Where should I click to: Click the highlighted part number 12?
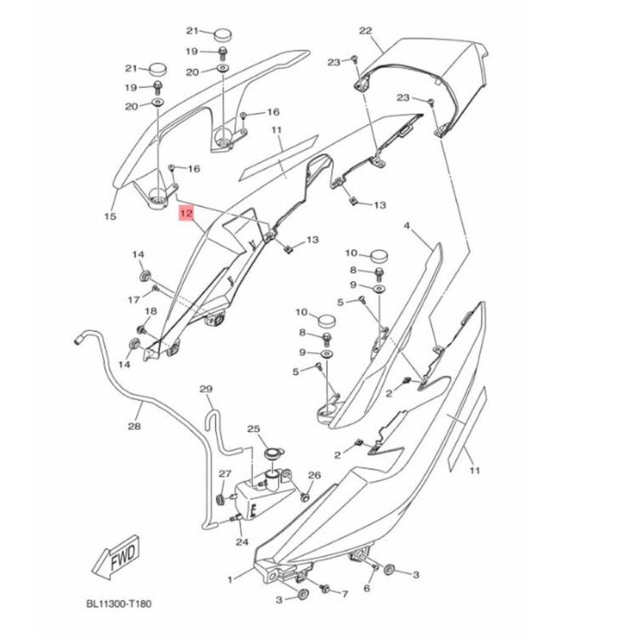186,213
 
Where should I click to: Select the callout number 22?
365,31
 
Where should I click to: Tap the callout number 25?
254,429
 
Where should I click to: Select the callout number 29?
206,389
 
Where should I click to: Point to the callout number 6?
366,588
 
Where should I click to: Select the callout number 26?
314,475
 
